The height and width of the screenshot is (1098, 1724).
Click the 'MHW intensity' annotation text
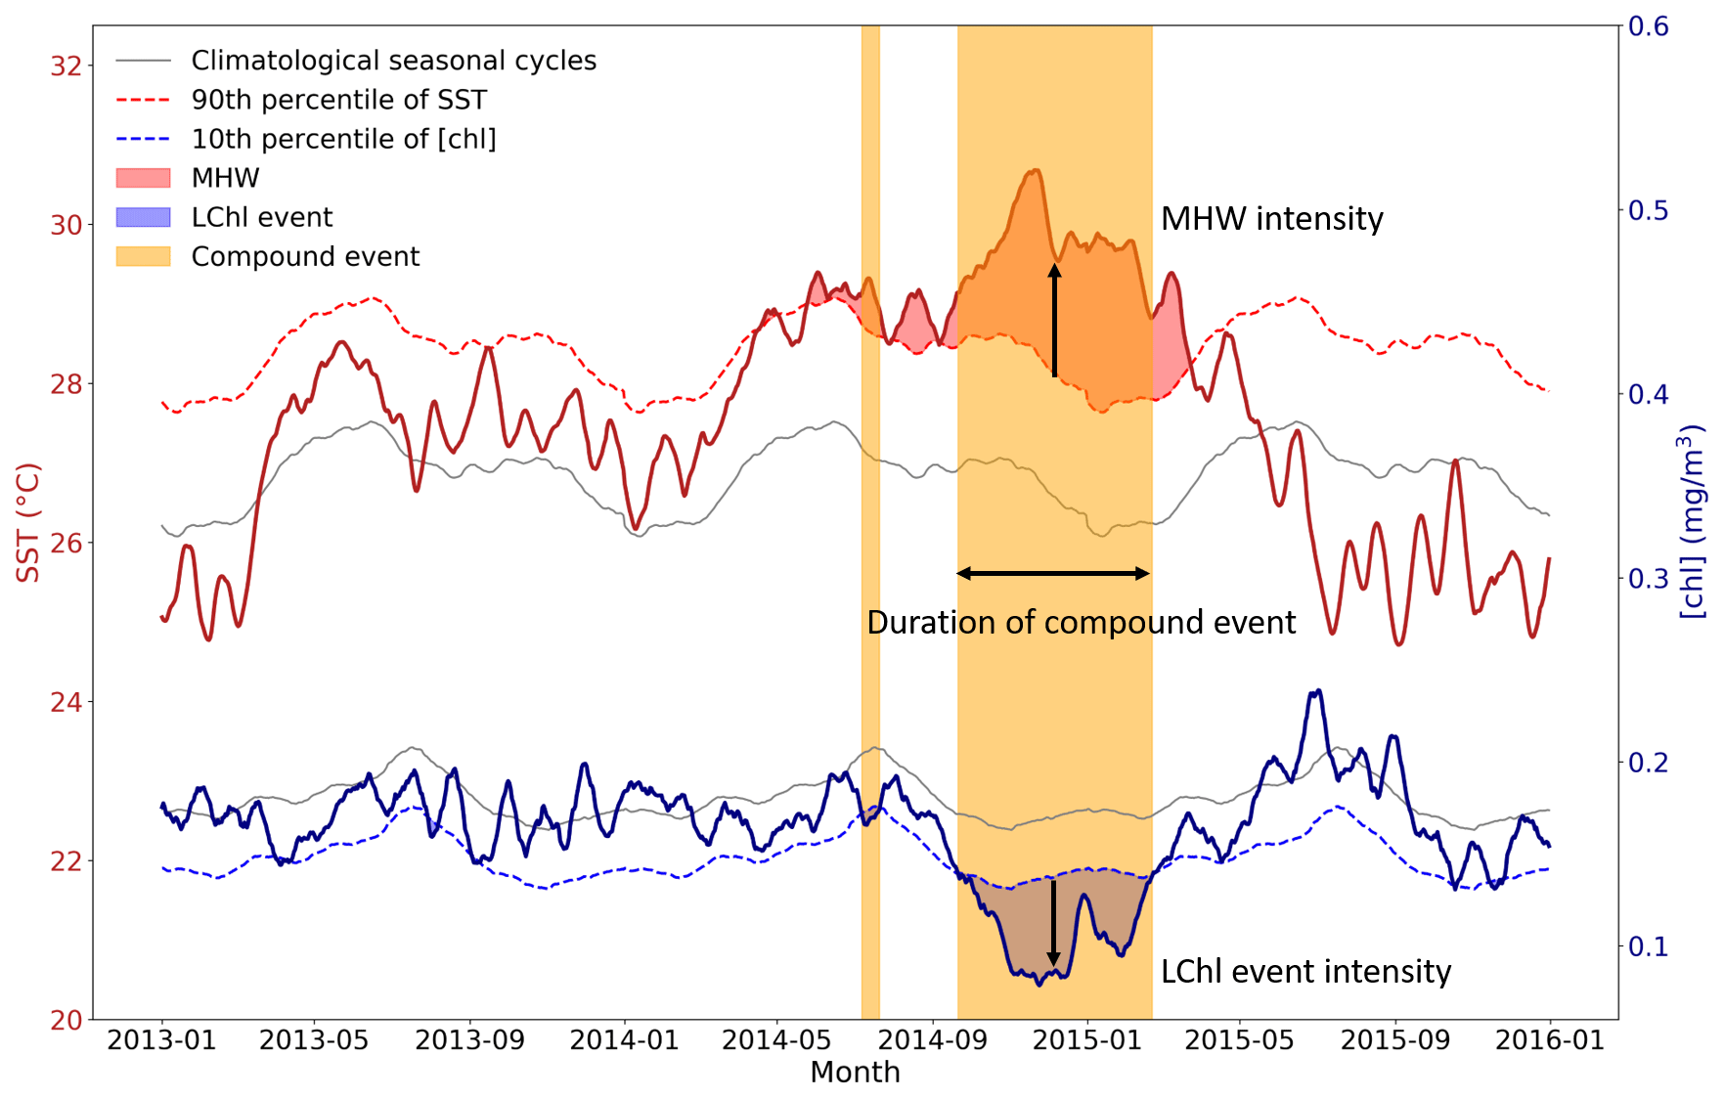[x=1271, y=219]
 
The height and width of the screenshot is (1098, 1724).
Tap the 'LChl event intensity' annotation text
[x=1305, y=972]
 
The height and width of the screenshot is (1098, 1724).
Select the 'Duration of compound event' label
[x=1081, y=623]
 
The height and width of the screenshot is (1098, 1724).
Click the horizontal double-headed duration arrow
[x=1053, y=574]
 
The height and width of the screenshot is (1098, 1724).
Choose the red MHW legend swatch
[x=143, y=178]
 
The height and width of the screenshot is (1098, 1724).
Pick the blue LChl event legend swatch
[x=143, y=217]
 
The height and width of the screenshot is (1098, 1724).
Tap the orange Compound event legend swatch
[x=143, y=256]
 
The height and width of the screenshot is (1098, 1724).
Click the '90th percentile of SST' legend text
[x=338, y=100]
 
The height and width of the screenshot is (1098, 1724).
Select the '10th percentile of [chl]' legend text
[x=343, y=139]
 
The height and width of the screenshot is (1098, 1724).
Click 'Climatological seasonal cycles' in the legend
[x=393, y=61]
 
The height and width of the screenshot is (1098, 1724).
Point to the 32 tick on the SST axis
[x=66, y=66]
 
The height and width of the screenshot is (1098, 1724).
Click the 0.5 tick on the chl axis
[x=1648, y=210]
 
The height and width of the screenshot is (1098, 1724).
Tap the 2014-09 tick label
[x=933, y=1040]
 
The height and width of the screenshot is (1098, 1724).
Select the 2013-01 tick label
[x=161, y=1040]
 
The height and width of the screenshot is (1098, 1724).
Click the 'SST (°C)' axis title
[x=29, y=523]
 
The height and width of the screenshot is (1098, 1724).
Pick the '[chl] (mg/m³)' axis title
[x=1692, y=523]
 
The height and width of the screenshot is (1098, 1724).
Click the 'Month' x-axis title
[x=855, y=1073]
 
